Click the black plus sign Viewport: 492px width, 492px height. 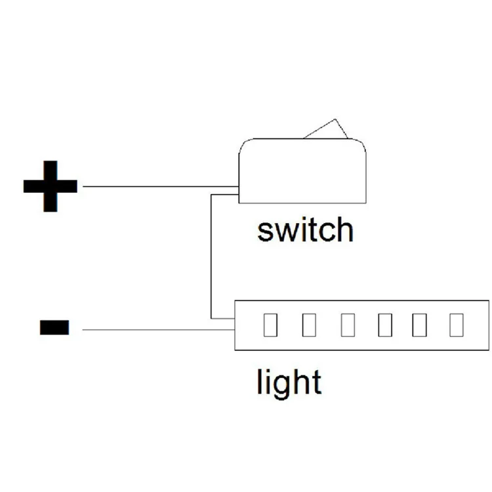[x=51, y=186]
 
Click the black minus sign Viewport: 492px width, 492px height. [x=54, y=327]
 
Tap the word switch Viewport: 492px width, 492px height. [x=305, y=230]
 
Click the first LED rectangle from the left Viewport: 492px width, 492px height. [x=270, y=325]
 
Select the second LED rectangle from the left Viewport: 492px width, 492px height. [x=309, y=325]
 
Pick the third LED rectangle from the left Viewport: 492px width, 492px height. [x=348, y=325]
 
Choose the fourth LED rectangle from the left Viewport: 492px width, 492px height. [x=385, y=325]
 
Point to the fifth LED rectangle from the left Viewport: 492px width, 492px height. [x=420, y=325]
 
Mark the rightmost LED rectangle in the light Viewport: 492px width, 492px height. [x=457, y=325]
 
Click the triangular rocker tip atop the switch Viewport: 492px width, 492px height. [x=335, y=119]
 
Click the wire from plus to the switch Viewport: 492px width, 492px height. [x=161, y=186]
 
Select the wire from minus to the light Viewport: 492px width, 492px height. [x=159, y=330]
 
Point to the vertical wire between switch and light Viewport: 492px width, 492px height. [x=211, y=256]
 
